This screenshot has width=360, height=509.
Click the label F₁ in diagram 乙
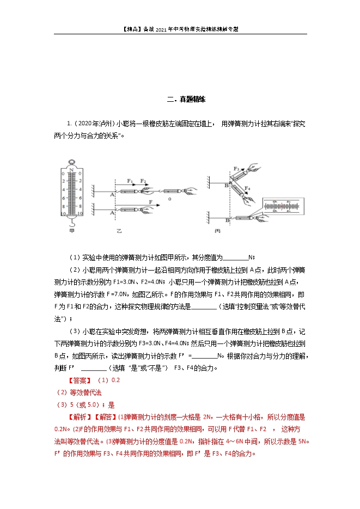[130, 180]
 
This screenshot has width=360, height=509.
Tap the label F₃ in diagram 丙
[236, 169]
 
